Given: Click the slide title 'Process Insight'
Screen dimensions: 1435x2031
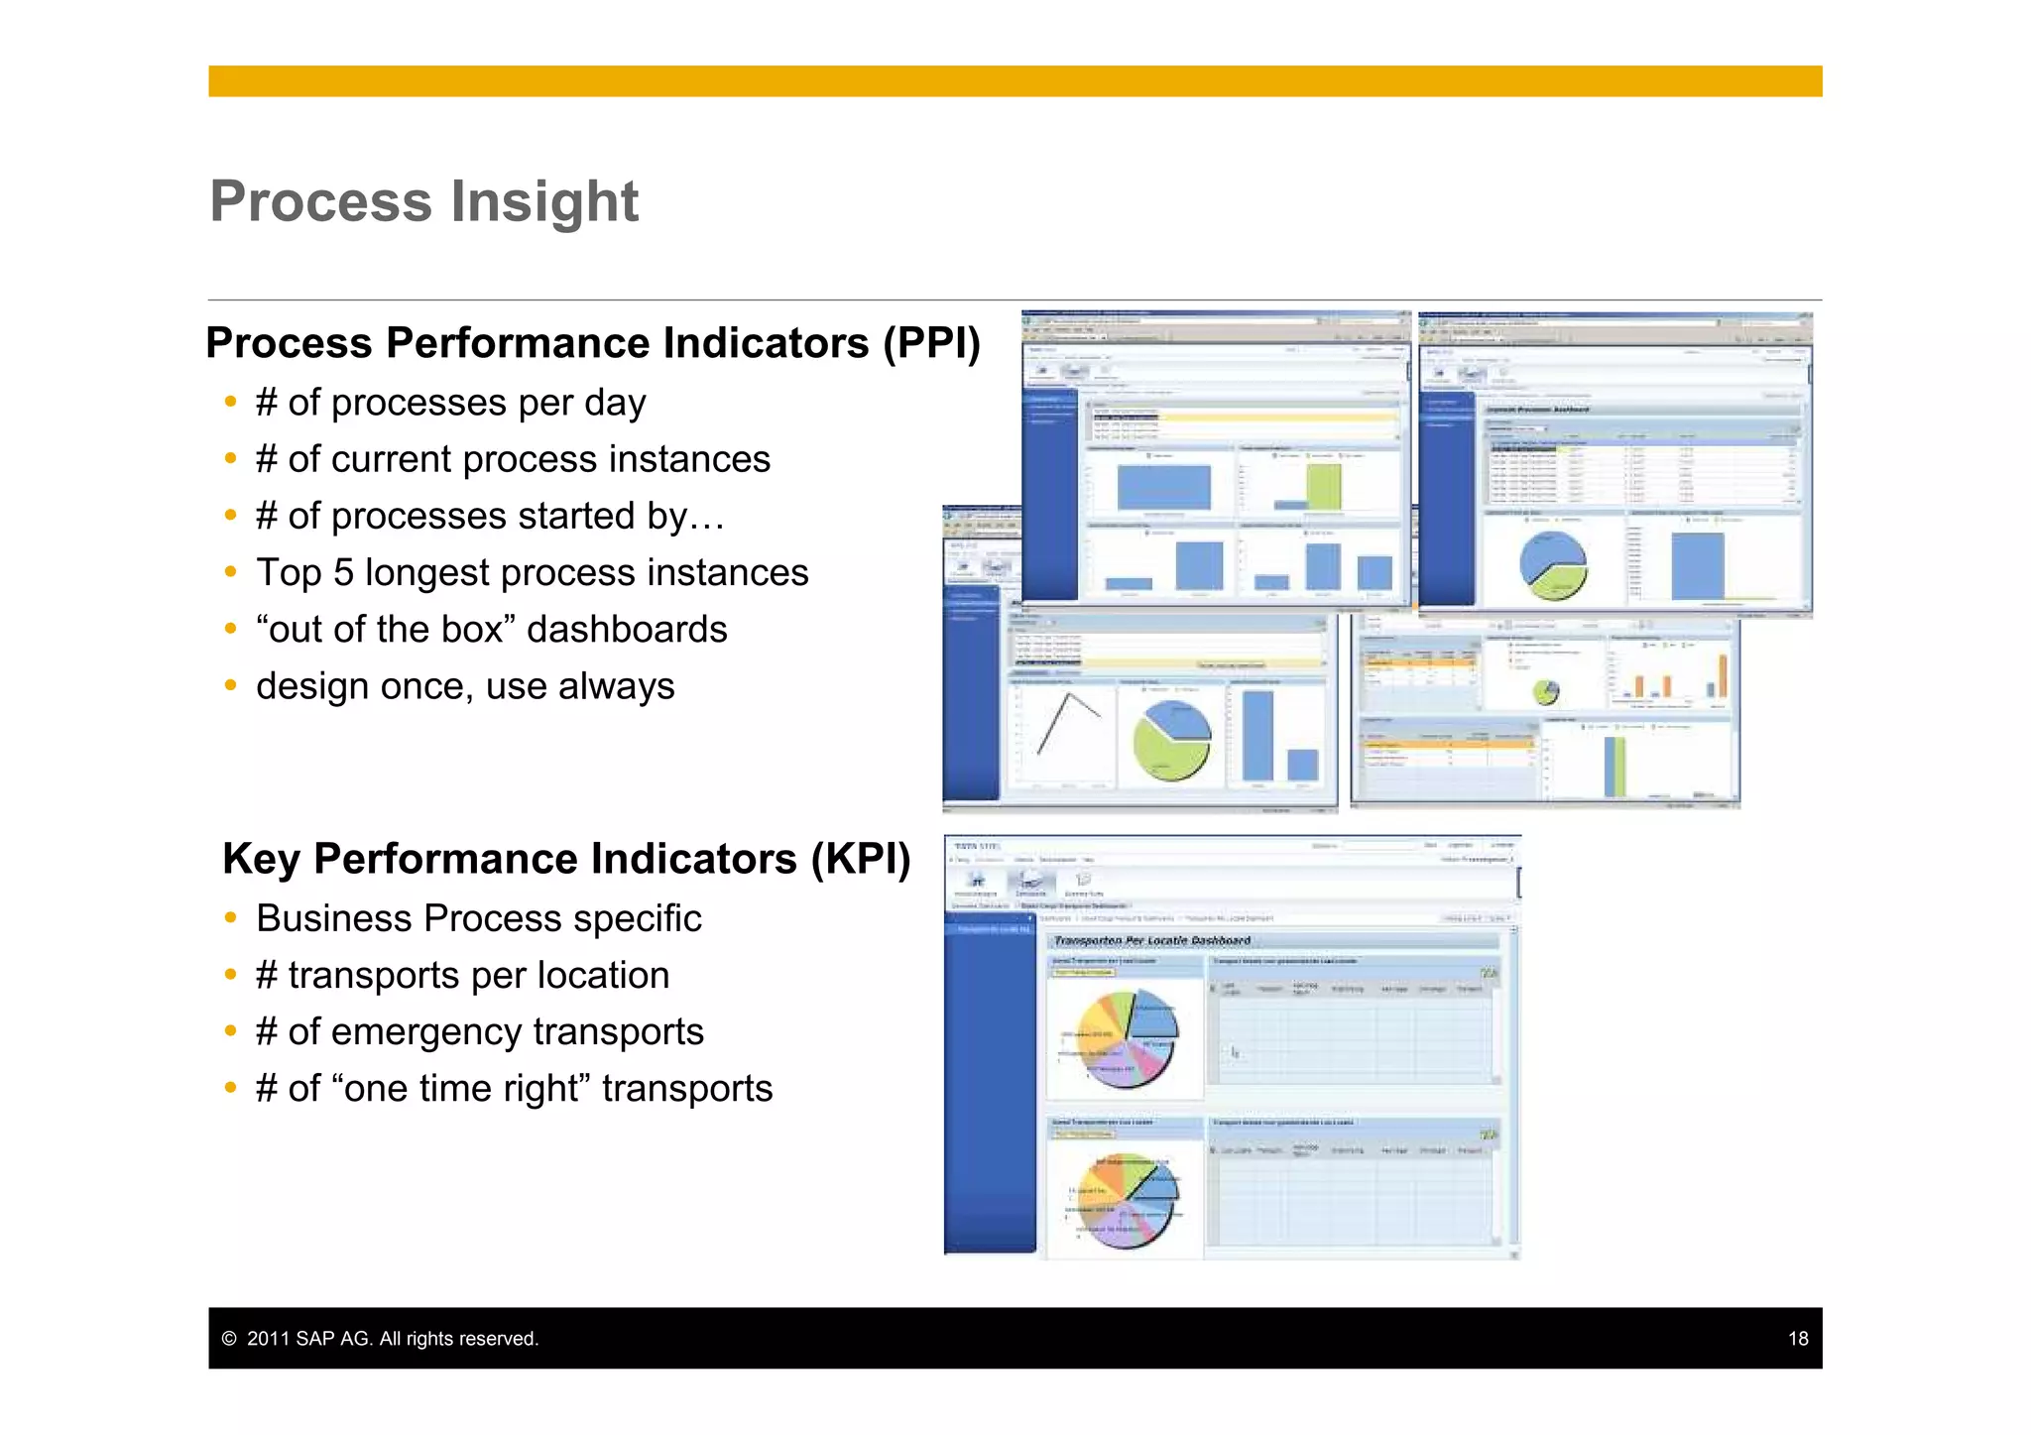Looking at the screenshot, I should coord(423,201).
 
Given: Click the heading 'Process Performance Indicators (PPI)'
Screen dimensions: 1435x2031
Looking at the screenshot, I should coord(592,343).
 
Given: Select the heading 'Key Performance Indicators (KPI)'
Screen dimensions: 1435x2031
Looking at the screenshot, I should coord(565,859).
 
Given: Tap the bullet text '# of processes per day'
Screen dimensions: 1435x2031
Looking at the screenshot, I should coord(450,403).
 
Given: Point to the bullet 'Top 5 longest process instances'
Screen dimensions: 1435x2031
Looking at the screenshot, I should coord(532,573).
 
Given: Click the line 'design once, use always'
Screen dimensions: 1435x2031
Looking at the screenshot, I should coord(464,686).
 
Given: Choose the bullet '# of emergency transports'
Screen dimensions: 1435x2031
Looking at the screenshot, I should coord(479,1032).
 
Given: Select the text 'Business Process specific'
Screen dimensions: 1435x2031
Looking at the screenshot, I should coord(478,919).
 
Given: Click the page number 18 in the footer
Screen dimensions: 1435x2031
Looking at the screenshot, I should coord(1797,1339).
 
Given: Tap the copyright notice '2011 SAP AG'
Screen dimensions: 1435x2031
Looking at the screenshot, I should coord(392,1339).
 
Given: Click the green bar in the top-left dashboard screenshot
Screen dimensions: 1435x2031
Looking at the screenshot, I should coord(1323,487).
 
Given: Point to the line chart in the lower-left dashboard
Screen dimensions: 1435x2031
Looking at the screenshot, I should coord(1066,724).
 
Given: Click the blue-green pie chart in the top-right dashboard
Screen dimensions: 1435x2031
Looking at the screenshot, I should coord(1552,565).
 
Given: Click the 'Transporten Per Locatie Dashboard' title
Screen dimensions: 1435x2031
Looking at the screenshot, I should coord(1151,940).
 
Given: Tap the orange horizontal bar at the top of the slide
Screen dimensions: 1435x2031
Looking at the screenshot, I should coord(1015,81).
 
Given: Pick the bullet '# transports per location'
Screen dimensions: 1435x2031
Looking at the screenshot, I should coord(462,976).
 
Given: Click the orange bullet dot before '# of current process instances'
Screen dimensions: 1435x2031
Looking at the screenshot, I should coord(230,459).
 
